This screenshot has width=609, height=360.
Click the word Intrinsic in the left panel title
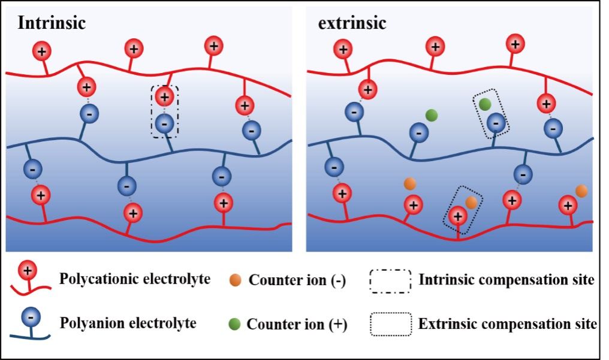pyautogui.click(x=52, y=23)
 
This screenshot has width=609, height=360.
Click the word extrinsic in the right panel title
pyautogui.click(x=352, y=23)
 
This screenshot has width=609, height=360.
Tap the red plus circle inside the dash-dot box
pyautogui.click(x=164, y=96)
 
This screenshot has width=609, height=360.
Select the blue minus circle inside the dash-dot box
pyautogui.click(x=164, y=123)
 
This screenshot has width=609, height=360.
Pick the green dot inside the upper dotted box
pyautogui.click(x=485, y=104)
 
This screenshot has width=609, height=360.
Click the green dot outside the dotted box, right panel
pyautogui.click(x=431, y=114)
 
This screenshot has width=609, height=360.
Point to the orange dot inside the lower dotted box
pyautogui.click(x=471, y=202)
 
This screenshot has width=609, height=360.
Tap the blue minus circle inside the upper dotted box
pyautogui.click(x=496, y=123)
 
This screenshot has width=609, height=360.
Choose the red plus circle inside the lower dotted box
pyautogui.click(x=458, y=215)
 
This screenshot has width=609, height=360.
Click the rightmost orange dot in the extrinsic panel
pyautogui.click(x=581, y=190)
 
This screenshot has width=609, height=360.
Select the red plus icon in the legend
pyautogui.click(x=27, y=271)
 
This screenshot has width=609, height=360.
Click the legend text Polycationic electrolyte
pyautogui.click(x=134, y=279)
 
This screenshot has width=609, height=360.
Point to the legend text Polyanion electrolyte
pyautogui.click(x=128, y=323)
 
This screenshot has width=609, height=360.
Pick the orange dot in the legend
pyautogui.click(x=235, y=280)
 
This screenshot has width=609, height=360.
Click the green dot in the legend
pyautogui.click(x=235, y=325)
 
